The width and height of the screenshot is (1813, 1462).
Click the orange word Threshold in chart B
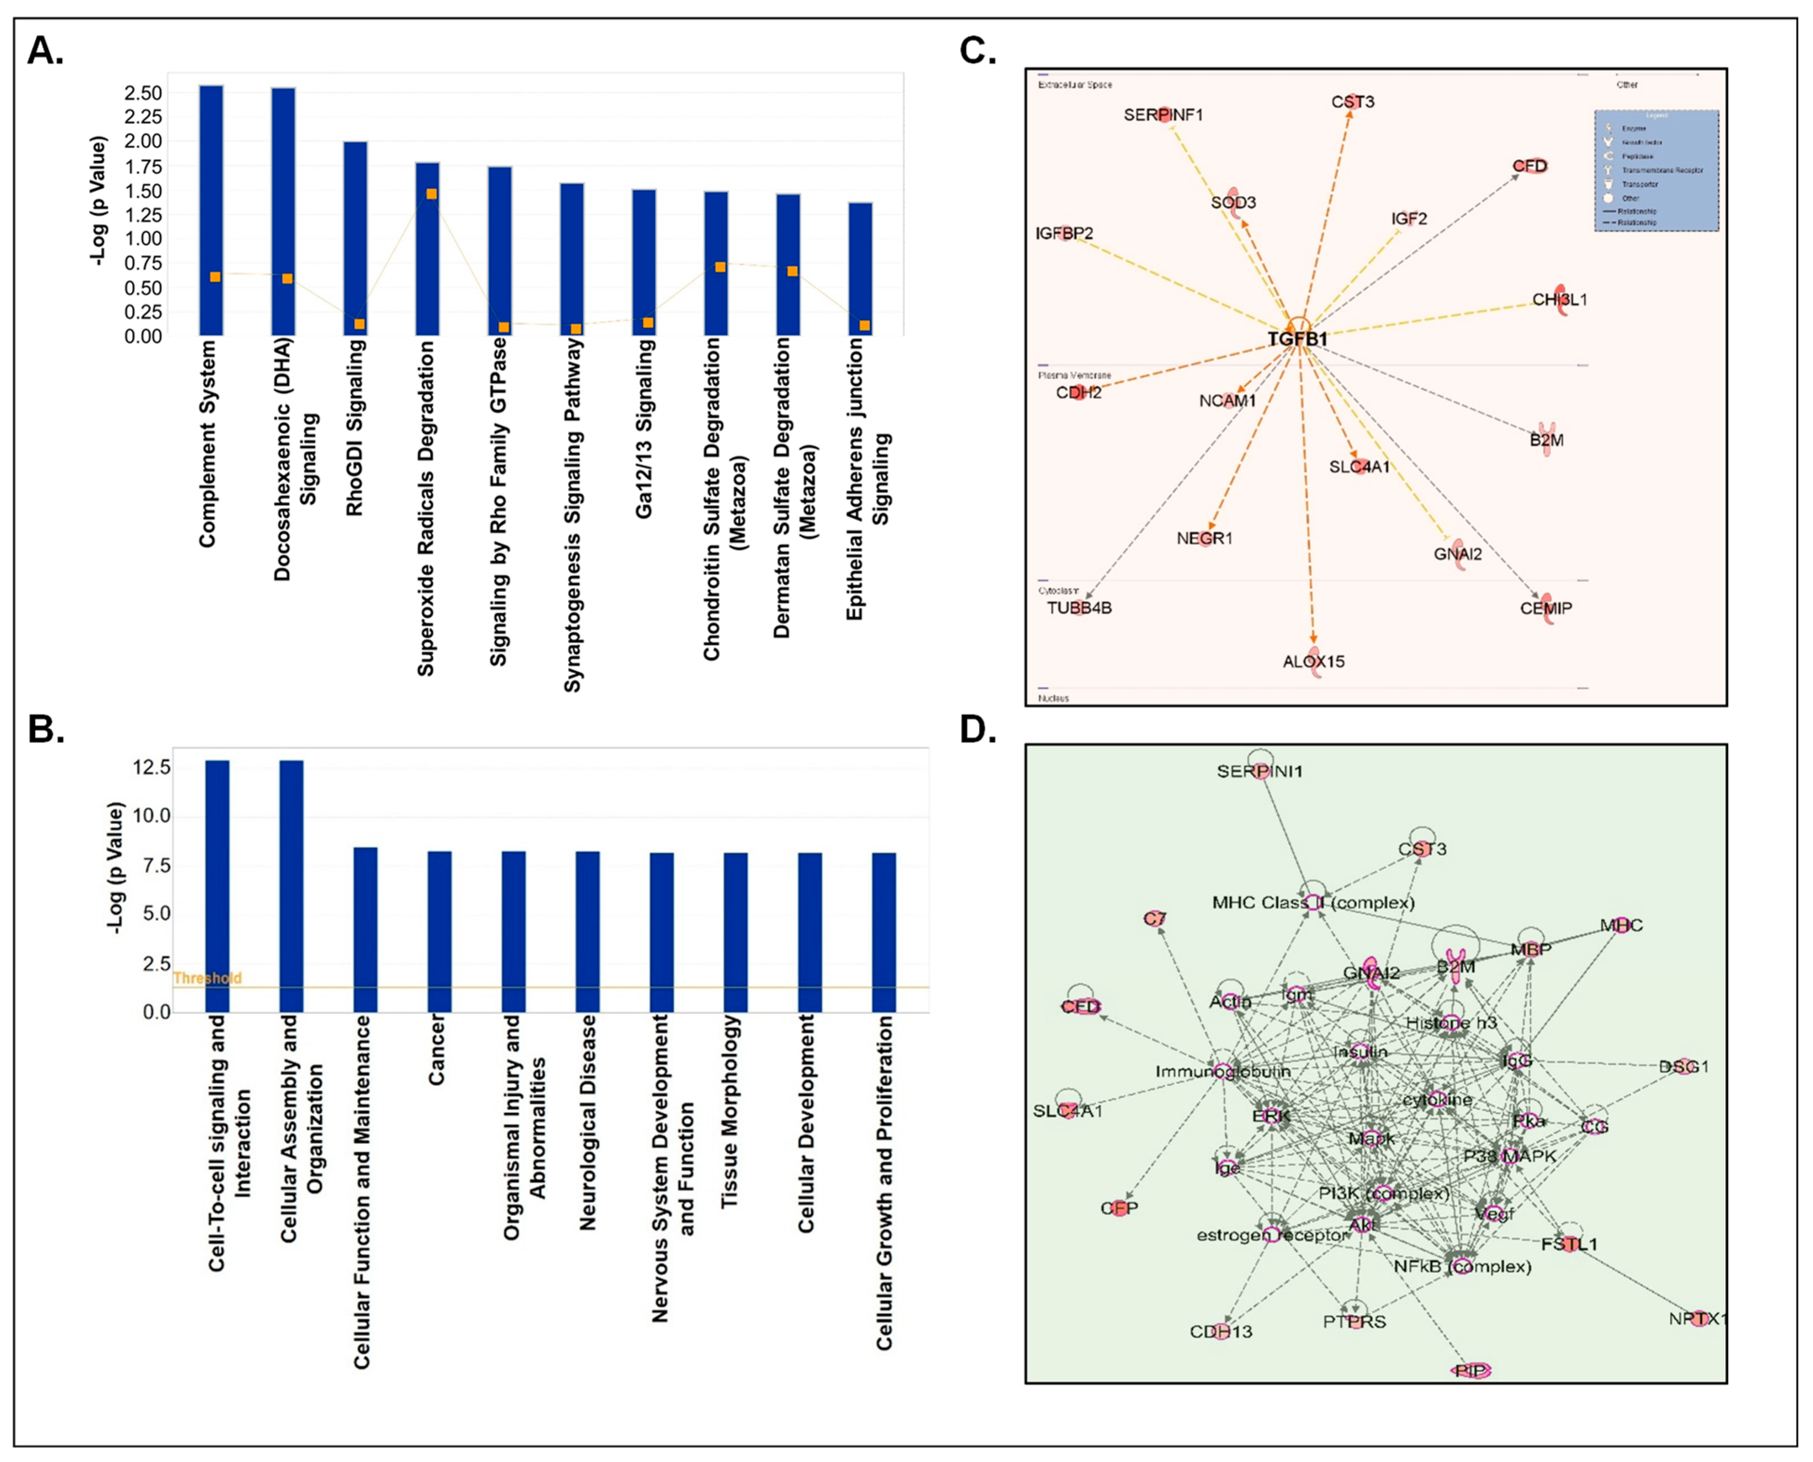click(x=207, y=978)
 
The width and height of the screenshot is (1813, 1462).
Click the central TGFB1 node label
click(x=1297, y=338)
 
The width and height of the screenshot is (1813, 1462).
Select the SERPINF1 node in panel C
click(x=1163, y=114)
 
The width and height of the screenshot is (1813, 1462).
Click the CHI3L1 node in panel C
click(x=1560, y=299)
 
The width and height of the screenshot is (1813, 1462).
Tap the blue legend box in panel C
click(x=1656, y=170)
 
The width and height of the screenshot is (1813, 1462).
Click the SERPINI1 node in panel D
click(x=1259, y=770)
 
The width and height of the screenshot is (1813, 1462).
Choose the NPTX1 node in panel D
click(x=1698, y=1319)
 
